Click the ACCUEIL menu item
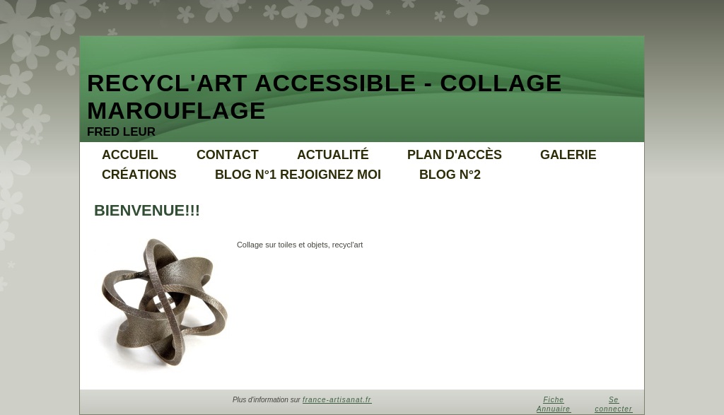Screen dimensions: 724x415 coord(130,155)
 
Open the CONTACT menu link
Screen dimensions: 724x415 coord(228,155)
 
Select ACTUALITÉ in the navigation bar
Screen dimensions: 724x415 coord(333,154)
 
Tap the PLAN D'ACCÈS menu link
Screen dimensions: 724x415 coord(455,154)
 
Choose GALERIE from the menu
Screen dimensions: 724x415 coord(568,155)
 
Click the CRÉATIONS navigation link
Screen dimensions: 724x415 coord(139,174)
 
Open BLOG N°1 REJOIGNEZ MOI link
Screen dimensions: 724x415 coord(298,175)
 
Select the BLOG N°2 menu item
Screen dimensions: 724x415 coord(450,175)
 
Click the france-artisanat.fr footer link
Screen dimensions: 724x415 coord(337,399)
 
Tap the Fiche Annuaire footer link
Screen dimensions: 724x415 coord(554,404)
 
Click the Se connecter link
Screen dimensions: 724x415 coord(613,404)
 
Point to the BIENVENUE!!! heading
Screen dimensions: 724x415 coord(147,211)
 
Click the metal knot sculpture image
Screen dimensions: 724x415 coord(164,303)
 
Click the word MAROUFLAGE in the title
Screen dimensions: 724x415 coord(176,111)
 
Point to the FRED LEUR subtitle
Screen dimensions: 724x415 coord(121,131)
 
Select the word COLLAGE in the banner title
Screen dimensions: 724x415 coord(501,83)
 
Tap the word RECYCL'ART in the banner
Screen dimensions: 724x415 coord(167,83)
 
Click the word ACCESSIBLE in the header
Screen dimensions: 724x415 coord(335,83)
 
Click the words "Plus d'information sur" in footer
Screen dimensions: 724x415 coord(267,399)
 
